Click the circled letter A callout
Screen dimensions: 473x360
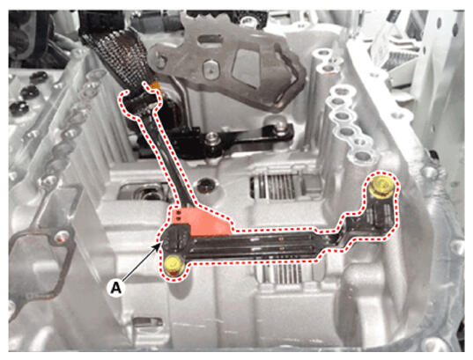click(116, 288)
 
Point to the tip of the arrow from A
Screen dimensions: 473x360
click(160, 244)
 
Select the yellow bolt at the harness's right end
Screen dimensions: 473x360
click(381, 186)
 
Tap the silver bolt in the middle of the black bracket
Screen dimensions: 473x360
click(212, 141)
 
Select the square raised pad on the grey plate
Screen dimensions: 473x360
click(247, 68)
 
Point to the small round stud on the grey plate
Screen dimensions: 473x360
click(210, 67)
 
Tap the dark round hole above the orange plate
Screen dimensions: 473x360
click(206, 184)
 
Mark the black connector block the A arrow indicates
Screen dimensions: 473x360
click(175, 238)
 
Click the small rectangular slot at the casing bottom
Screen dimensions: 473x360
click(144, 323)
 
